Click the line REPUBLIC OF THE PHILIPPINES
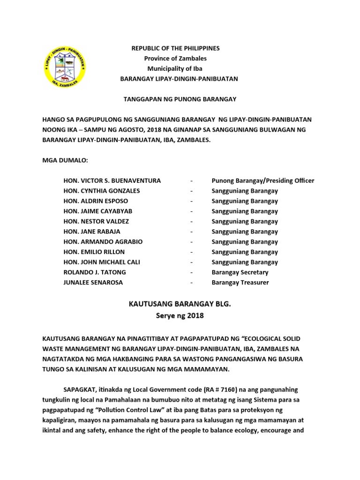(x=175, y=48)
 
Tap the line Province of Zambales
(x=175, y=59)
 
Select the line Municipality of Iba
(x=175, y=69)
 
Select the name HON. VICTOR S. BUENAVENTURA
(x=112, y=180)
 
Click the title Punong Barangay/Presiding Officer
(x=263, y=180)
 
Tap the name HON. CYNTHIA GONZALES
(x=102, y=191)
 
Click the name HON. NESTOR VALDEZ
(x=96, y=221)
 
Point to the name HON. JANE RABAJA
(x=92, y=232)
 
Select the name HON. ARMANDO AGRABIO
(x=103, y=242)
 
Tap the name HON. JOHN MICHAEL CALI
(x=102, y=262)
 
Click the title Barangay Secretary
(x=240, y=272)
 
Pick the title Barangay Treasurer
(x=240, y=283)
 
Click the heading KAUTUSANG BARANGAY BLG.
(x=180, y=305)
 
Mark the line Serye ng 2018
(x=180, y=315)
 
